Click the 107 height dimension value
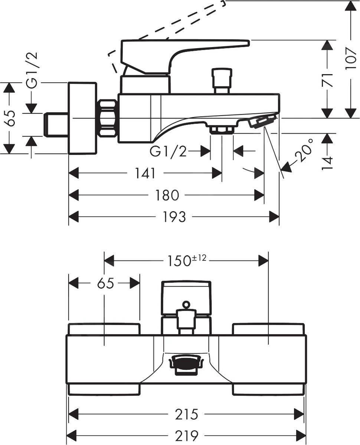[x=350, y=58]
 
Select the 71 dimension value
[x=327, y=80]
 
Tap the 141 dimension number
[x=145, y=173]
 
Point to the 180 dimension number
[x=167, y=195]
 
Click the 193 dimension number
[x=174, y=217]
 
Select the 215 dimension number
[x=187, y=414]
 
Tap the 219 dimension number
[x=187, y=435]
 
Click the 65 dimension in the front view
[x=105, y=284]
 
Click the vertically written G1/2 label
[x=33, y=70]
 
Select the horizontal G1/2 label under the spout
[x=168, y=151]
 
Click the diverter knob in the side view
[x=222, y=78]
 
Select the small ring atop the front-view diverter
[x=186, y=305]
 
